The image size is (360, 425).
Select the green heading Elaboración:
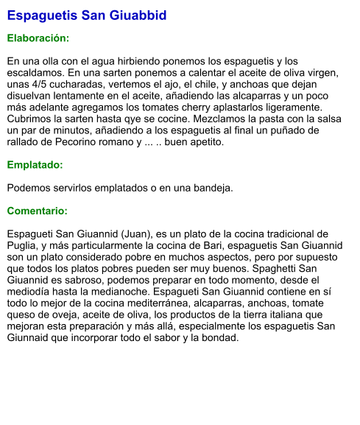tap(38, 38)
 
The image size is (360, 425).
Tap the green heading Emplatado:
tap(35, 165)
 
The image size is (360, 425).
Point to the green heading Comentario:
tap(37, 211)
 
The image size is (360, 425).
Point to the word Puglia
tap(24, 245)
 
